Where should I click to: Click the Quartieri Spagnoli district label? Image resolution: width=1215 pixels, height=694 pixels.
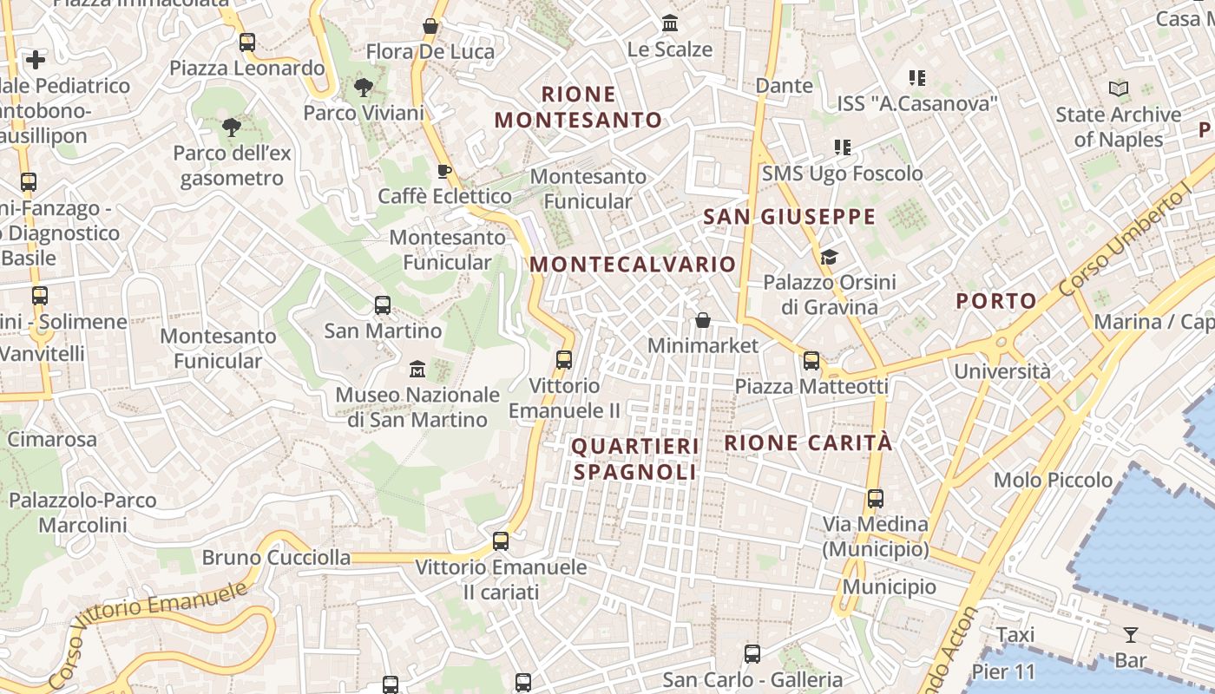[x=634, y=459]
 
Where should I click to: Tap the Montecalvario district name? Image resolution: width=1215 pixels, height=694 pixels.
[x=633, y=265]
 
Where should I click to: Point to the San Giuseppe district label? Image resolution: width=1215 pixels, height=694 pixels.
[x=790, y=217]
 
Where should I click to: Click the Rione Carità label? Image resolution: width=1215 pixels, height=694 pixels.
[x=808, y=442]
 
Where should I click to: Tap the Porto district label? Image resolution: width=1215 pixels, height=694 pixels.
[x=996, y=301]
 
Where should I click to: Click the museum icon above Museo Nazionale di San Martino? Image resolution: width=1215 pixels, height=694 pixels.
[x=417, y=369]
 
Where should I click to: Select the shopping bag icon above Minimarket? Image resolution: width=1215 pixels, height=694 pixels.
[x=703, y=320]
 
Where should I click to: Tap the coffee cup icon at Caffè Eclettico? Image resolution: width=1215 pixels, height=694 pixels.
[x=444, y=170]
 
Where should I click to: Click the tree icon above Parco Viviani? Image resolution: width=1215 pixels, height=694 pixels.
[x=363, y=87]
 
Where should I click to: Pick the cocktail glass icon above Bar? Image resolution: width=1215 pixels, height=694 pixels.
[x=1130, y=635]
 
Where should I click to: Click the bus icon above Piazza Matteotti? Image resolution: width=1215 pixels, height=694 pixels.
[x=811, y=360]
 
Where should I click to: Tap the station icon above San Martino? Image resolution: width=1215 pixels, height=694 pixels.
[x=383, y=305]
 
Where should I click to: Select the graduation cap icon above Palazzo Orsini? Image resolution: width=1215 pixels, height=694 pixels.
[x=830, y=257]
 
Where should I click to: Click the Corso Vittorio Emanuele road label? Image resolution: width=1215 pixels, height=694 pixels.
[x=148, y=633]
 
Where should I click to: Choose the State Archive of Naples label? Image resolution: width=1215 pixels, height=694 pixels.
[x=1119, y=127]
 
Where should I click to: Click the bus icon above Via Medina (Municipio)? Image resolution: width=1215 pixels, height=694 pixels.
[x=876, y=499]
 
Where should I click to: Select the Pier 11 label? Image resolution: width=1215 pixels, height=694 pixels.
[x=1003, y=671]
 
